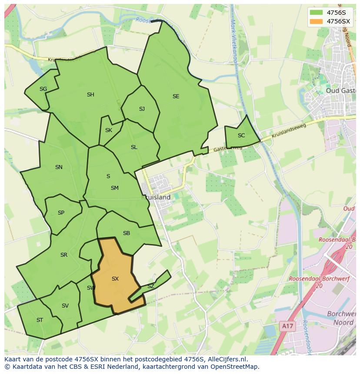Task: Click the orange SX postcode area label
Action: [x=115, y=279]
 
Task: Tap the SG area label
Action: [x=43, y=89]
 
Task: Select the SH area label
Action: [x=90, y=95]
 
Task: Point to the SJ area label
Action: [x=142, y=109]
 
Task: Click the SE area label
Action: [x=176, y=96]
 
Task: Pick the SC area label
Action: [x=241, y=136]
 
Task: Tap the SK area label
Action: [x=109, y=130]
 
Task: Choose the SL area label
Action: [x=134, y=147]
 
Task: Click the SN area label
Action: [x=59, y=167]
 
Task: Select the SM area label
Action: [x=114, y=188]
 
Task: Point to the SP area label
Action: [x=61, y=213]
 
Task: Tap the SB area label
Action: [x=126, y=233]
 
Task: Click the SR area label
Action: [x=64, y=255]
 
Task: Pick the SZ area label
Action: [x=150, y=286]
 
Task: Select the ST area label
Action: [x=40, y=320]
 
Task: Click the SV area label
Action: [x=65, y=306]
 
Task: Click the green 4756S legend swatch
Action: [x=317, y=13]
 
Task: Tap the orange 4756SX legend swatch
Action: [x=317, y=21]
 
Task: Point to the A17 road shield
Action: [x=286, y=326]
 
